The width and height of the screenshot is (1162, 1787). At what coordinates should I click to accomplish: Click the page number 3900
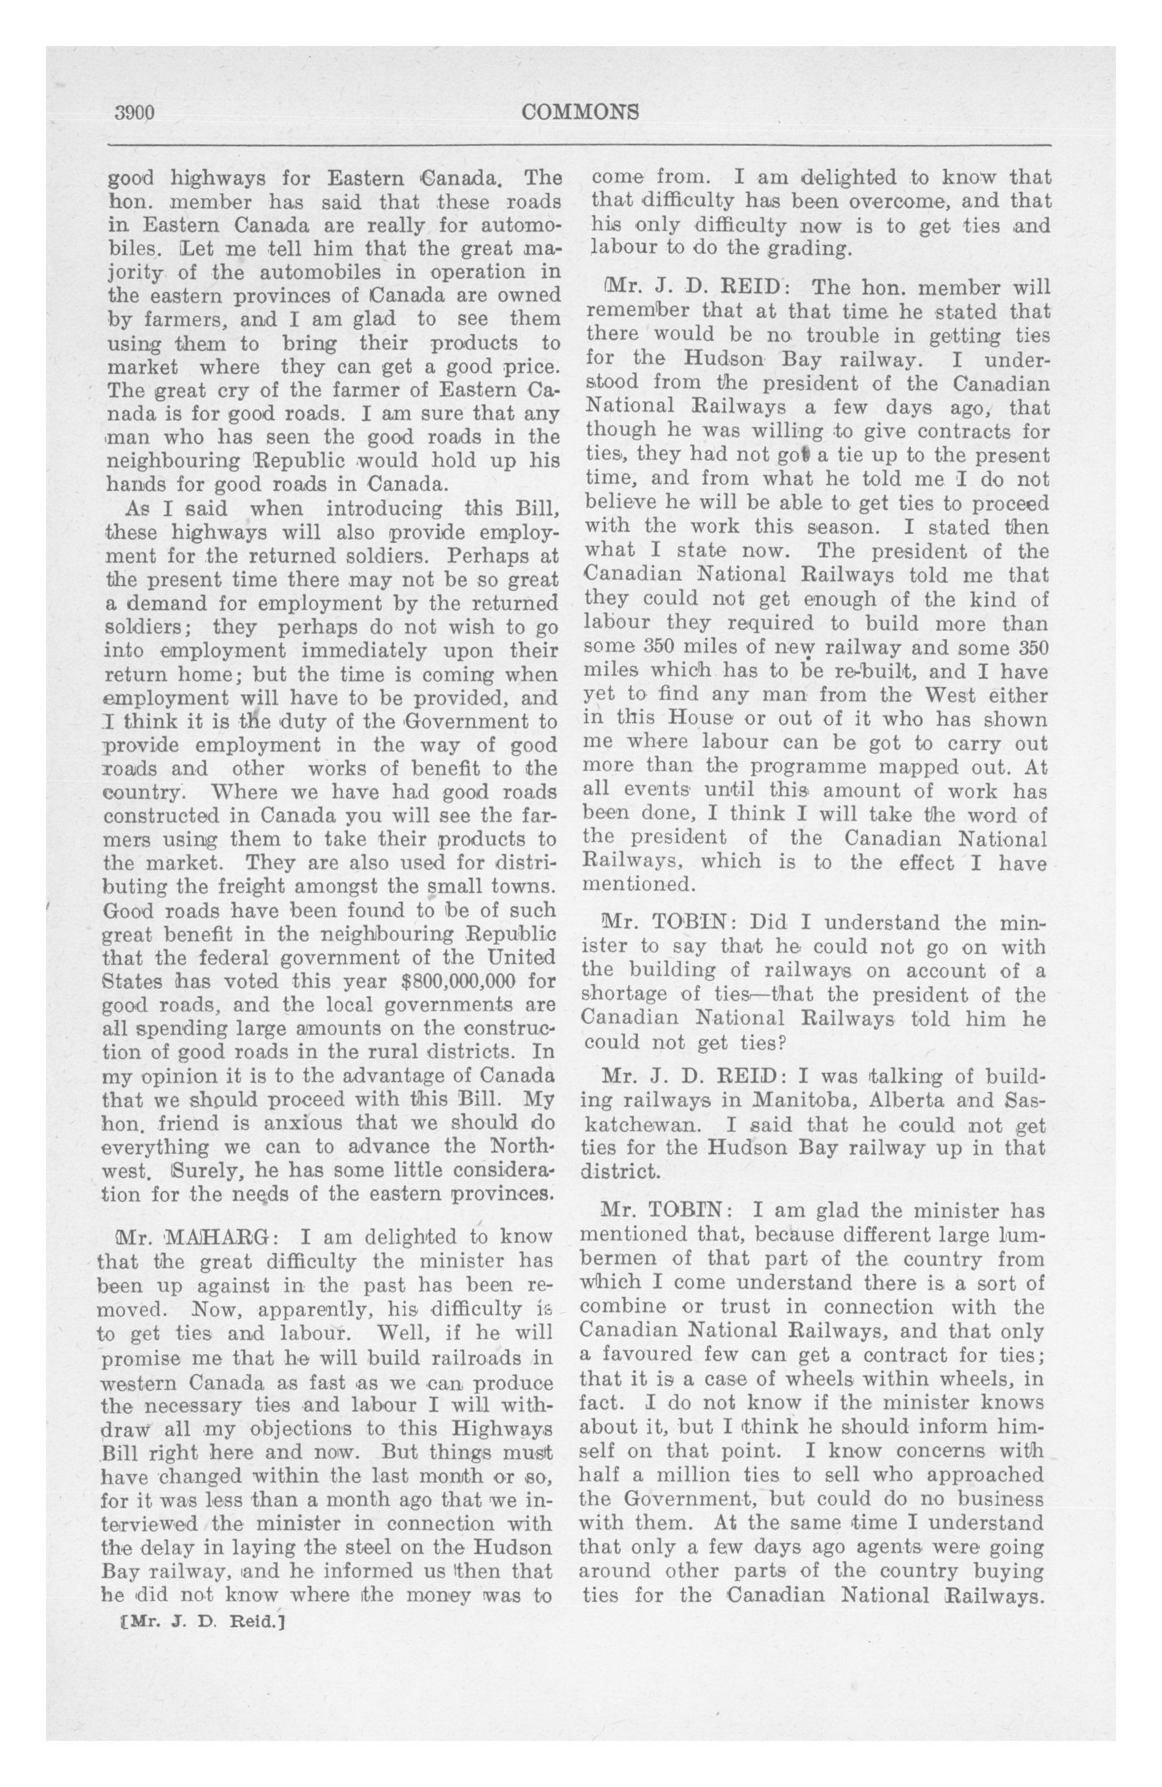coord(134,112)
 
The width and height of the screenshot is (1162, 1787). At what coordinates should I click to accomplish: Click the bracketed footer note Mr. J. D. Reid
coord(203,1620)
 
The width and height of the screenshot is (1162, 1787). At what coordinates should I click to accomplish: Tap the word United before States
coord(521,957)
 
